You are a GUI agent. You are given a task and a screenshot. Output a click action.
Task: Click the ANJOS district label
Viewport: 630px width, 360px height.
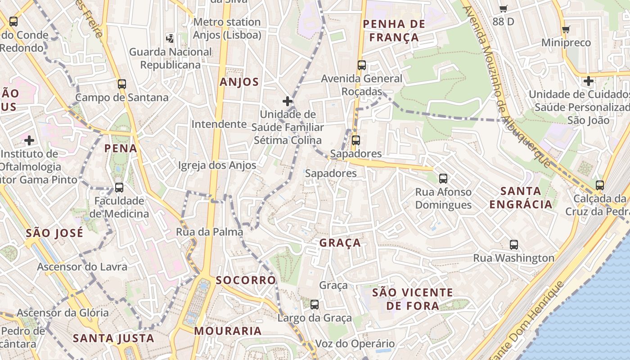[239, 82]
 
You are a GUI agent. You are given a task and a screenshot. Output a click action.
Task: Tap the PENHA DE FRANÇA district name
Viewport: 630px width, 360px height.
[394, 31]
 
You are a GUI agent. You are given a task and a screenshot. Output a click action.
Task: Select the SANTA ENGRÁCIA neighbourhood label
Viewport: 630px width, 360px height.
[521, 198]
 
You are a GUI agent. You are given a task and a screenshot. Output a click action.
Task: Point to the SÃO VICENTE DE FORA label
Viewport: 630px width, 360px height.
[413, 299]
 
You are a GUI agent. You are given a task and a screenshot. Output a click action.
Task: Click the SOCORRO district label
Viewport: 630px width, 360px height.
[246, 280]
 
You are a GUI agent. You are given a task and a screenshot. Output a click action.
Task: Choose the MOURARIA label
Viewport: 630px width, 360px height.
[228, 331]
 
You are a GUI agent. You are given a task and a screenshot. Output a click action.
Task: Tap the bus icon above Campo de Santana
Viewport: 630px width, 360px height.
[121, 84]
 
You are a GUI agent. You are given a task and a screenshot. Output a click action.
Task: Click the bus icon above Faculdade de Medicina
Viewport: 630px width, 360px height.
[119, 187]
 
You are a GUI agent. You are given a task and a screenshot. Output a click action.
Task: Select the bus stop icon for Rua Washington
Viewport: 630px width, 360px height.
[514, 245]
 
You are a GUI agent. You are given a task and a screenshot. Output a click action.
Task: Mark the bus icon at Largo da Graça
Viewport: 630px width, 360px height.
[315, 305]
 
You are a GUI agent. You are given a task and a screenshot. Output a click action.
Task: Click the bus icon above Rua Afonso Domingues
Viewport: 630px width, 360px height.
[443, 179]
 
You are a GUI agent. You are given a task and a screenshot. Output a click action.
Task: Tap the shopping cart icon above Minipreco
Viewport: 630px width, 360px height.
[566, 30]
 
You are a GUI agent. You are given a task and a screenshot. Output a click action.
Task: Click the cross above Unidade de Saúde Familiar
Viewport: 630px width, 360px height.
[288, 101]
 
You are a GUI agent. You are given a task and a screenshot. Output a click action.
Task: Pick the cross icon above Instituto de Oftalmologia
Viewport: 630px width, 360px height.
[29, 140]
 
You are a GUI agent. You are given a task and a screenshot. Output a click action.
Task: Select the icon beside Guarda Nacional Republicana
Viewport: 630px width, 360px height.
[170, 38]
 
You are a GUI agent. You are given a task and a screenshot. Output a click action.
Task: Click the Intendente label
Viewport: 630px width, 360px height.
[219, 124]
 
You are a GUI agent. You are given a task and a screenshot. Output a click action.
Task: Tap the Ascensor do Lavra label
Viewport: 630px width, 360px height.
[82, 267]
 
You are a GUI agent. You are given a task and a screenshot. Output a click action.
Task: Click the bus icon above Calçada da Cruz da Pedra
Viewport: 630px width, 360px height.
[599, 185]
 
